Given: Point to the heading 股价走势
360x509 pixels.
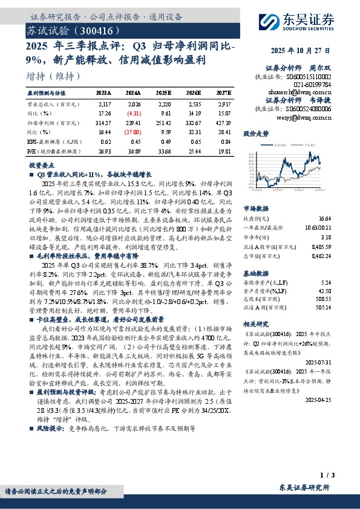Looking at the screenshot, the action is (255, 132).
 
